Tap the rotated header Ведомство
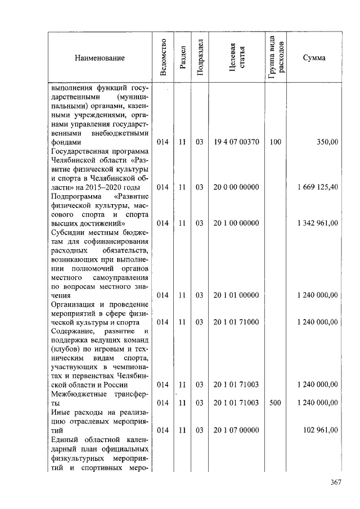click(163, 57)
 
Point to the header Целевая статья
click(236, 57)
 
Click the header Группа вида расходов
click(276, 57)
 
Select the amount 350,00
click(327, 142)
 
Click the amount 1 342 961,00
click(317, 223)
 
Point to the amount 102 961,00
click(321, 430)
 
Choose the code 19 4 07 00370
click(236, 142)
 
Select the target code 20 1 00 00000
click(236, 223)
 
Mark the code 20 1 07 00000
click(236, 430)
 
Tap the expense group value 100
click(275, 142)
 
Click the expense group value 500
click(275, 403)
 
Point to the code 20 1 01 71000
click(236, 322)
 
